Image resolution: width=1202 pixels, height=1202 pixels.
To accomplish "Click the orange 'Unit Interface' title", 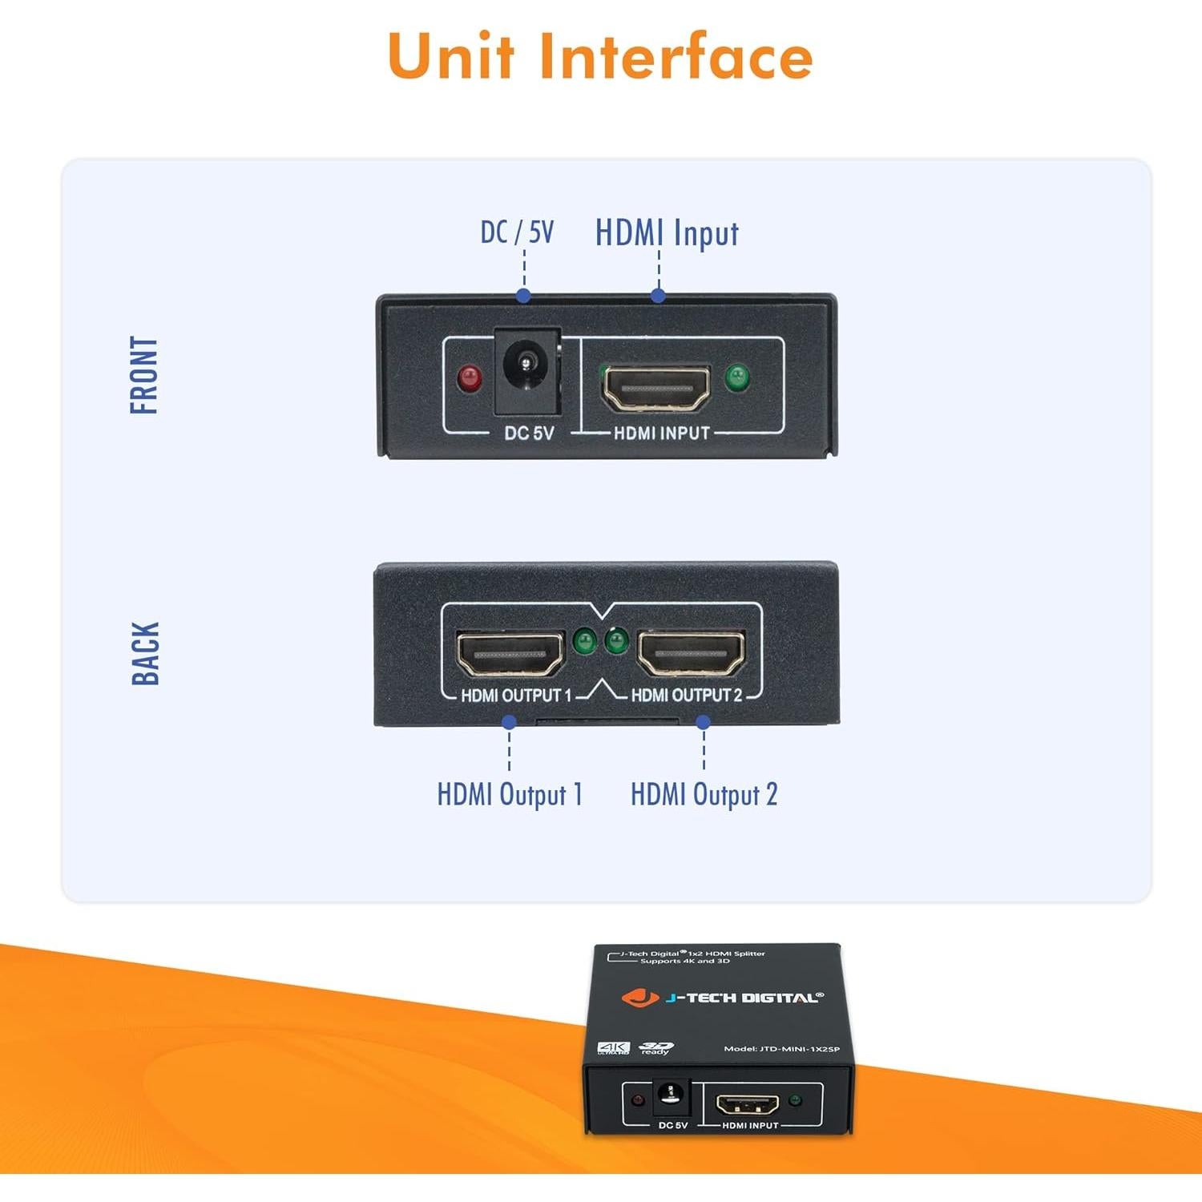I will [600, 56].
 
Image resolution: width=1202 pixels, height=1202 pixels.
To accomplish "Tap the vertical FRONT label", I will [144, 375].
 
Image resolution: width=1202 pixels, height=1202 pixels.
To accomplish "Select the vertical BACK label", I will [145, 653].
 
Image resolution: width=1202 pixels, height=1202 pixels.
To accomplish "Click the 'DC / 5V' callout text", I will [517, 232].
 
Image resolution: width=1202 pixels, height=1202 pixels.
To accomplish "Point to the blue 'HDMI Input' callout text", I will [666, 233].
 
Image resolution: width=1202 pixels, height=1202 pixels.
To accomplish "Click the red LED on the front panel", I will [469, 377].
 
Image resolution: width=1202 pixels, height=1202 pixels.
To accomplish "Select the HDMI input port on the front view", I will [656, 388].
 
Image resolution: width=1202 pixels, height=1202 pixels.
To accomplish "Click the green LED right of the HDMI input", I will [736, 377].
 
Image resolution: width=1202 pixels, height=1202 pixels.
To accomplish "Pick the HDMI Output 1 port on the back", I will [510, 653].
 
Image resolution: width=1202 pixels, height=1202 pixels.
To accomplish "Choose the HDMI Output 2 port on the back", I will [691, 653].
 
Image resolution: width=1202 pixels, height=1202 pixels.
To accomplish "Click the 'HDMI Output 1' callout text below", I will [510, 794].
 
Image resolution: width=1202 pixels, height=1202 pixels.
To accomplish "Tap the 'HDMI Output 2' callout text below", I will [704, 794].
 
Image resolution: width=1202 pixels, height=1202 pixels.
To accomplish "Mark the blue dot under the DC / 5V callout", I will [523, 296].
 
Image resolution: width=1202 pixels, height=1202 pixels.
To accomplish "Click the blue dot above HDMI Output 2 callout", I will [704, 722].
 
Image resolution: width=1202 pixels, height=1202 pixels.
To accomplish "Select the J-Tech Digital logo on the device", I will [722, 998].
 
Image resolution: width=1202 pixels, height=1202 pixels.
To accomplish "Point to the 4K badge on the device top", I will [613, 1048].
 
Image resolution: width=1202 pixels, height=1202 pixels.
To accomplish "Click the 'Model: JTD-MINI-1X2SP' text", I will [781, 1049].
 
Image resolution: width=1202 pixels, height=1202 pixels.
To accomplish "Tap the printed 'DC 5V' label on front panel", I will [529, 434].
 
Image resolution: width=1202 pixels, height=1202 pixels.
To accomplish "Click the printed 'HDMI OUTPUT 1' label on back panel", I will [516, 696].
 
